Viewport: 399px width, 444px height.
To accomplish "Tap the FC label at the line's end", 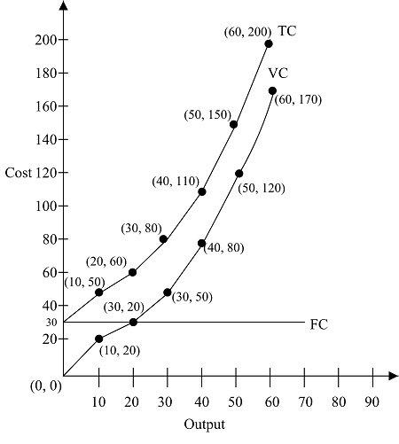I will (319, 324).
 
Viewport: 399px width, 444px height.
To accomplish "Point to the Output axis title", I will (205, 425).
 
